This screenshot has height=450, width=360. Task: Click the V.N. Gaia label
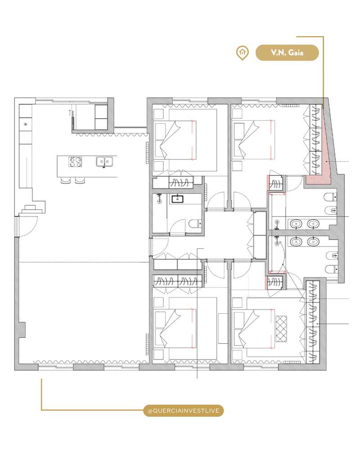pos(287,53)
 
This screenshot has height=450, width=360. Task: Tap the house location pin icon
pos(243,53)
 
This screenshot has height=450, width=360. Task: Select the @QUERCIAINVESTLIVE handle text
pos(183,410)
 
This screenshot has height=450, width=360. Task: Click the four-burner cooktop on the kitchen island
pos(74,161)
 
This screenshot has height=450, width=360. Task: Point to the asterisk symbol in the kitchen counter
pos(26,124)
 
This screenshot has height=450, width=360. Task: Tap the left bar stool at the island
pos(66,180)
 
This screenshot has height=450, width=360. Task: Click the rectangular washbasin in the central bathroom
pos(176,198)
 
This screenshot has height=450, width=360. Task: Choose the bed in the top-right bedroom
pos(252,139)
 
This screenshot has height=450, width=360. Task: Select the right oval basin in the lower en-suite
pos(312,242)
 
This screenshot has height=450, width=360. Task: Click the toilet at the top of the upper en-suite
pos(330,196)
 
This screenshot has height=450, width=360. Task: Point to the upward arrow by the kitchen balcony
pos(69,112)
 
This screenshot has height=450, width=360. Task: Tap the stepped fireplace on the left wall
pos(31,208)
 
